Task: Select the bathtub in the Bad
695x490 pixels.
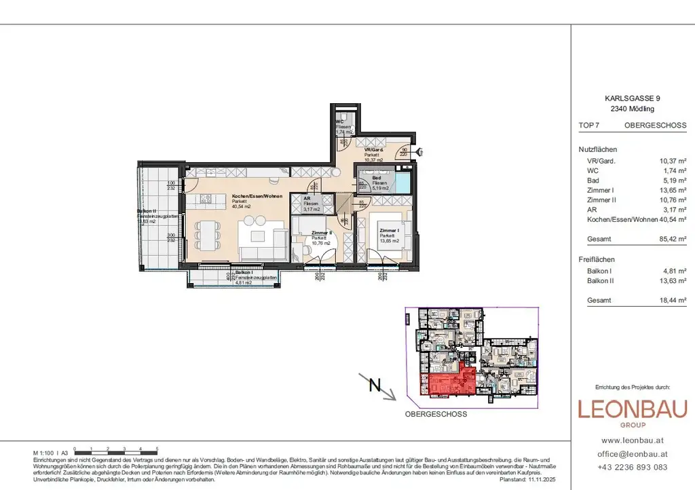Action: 405,184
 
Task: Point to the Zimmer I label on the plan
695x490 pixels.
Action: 389,231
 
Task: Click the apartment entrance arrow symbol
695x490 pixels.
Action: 421,151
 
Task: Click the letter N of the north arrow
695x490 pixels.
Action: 373,385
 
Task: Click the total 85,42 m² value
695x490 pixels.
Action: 673,240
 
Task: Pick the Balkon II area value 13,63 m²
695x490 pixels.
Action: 673,280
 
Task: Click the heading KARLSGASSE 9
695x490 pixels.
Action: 631,98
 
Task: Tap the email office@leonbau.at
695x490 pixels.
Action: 632,453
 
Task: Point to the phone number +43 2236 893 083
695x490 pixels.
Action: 632,467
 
